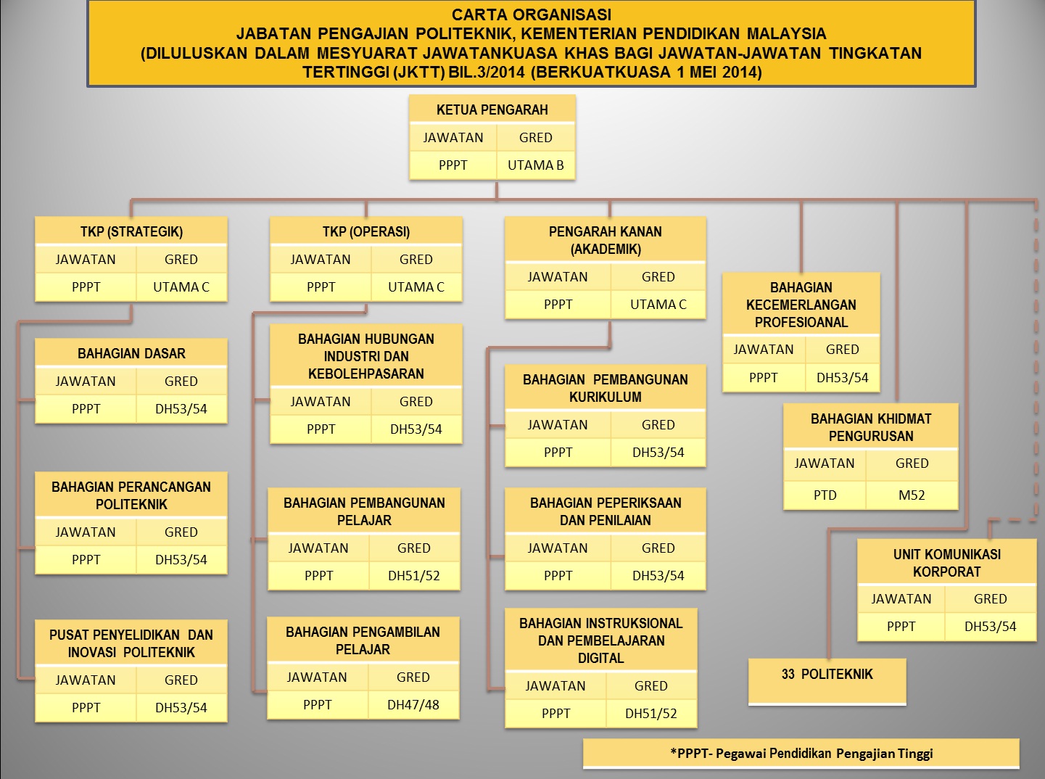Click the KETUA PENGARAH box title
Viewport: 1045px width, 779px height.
pyautogui.click(x=492, y=110)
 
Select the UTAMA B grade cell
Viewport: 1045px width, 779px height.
pyautogui.click(x=535, y=165)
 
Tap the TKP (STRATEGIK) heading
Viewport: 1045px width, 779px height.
pyautogui.click(x=131, y=232)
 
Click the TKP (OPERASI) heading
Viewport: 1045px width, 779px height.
pyautogui.click(x=366, y=232)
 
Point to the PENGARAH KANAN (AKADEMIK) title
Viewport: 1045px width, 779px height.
pyautogui.click(x=605, y=240)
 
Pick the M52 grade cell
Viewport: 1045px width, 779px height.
pyautogui.click(x=912, y=495)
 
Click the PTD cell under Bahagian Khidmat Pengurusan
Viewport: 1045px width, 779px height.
pyautogui.click(x=825, y=495)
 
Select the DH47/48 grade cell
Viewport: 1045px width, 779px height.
pyautogui.click(x=413, y=705)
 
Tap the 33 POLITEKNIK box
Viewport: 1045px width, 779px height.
pyautogui.click(x=827, y=675)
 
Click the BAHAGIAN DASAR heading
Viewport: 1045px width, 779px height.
pyautogui.click(x=131, y=354)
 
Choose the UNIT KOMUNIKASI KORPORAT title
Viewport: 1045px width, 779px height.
pyautogui.click(x=946, y=563)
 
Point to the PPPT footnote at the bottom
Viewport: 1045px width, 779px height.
pyautogui.click(x=801, y=754)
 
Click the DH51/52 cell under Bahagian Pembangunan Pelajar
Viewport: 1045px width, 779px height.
pyautogui.click(x=413, y=576)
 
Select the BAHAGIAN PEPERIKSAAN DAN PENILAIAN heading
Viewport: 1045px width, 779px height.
pyautogui.click(x=605, y=511)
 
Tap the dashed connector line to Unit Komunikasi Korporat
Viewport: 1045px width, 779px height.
pyautogui.click(x=1036, y=363)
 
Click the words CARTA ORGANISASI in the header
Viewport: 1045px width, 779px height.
pyautogui.click(x=531, y=15)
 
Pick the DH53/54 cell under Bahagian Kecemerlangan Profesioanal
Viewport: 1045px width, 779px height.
pyautogui.click(x=842, y=378)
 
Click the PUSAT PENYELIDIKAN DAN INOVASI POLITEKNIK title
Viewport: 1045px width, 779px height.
pyautogui.click(x=131, y=643)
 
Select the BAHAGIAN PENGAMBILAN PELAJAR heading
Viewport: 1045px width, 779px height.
pyautogui.click(x=363, y=640)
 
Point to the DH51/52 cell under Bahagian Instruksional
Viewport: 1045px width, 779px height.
pyautogui.click(x=650, y=714)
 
